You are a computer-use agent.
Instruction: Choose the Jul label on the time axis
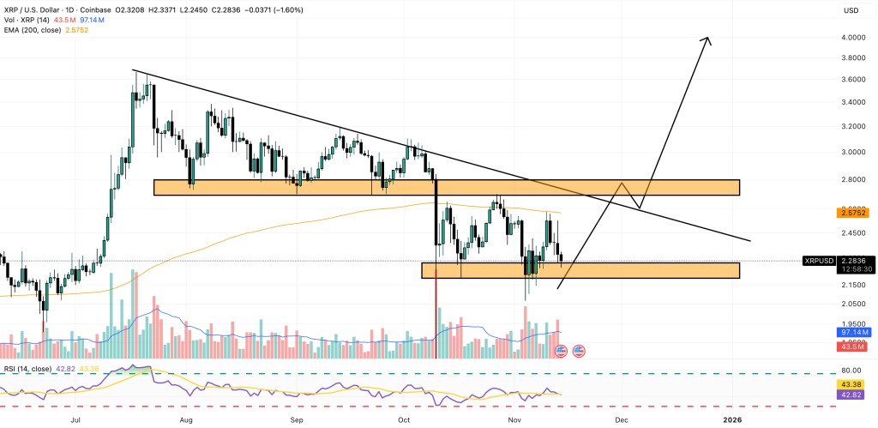click(76, 419)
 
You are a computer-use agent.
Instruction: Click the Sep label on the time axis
click(298, 419)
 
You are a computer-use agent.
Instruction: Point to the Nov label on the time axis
click(514, 419)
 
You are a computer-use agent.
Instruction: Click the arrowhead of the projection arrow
click(707, 39)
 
